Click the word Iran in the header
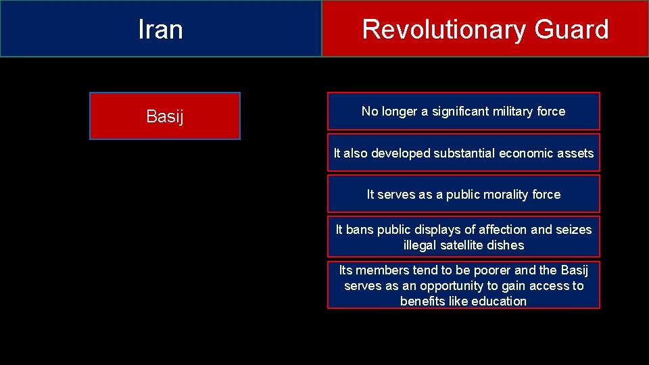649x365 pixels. [160, 30]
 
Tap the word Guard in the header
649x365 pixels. [571, 30]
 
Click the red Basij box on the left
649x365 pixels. [164, 116]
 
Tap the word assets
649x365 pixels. [573, 153]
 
